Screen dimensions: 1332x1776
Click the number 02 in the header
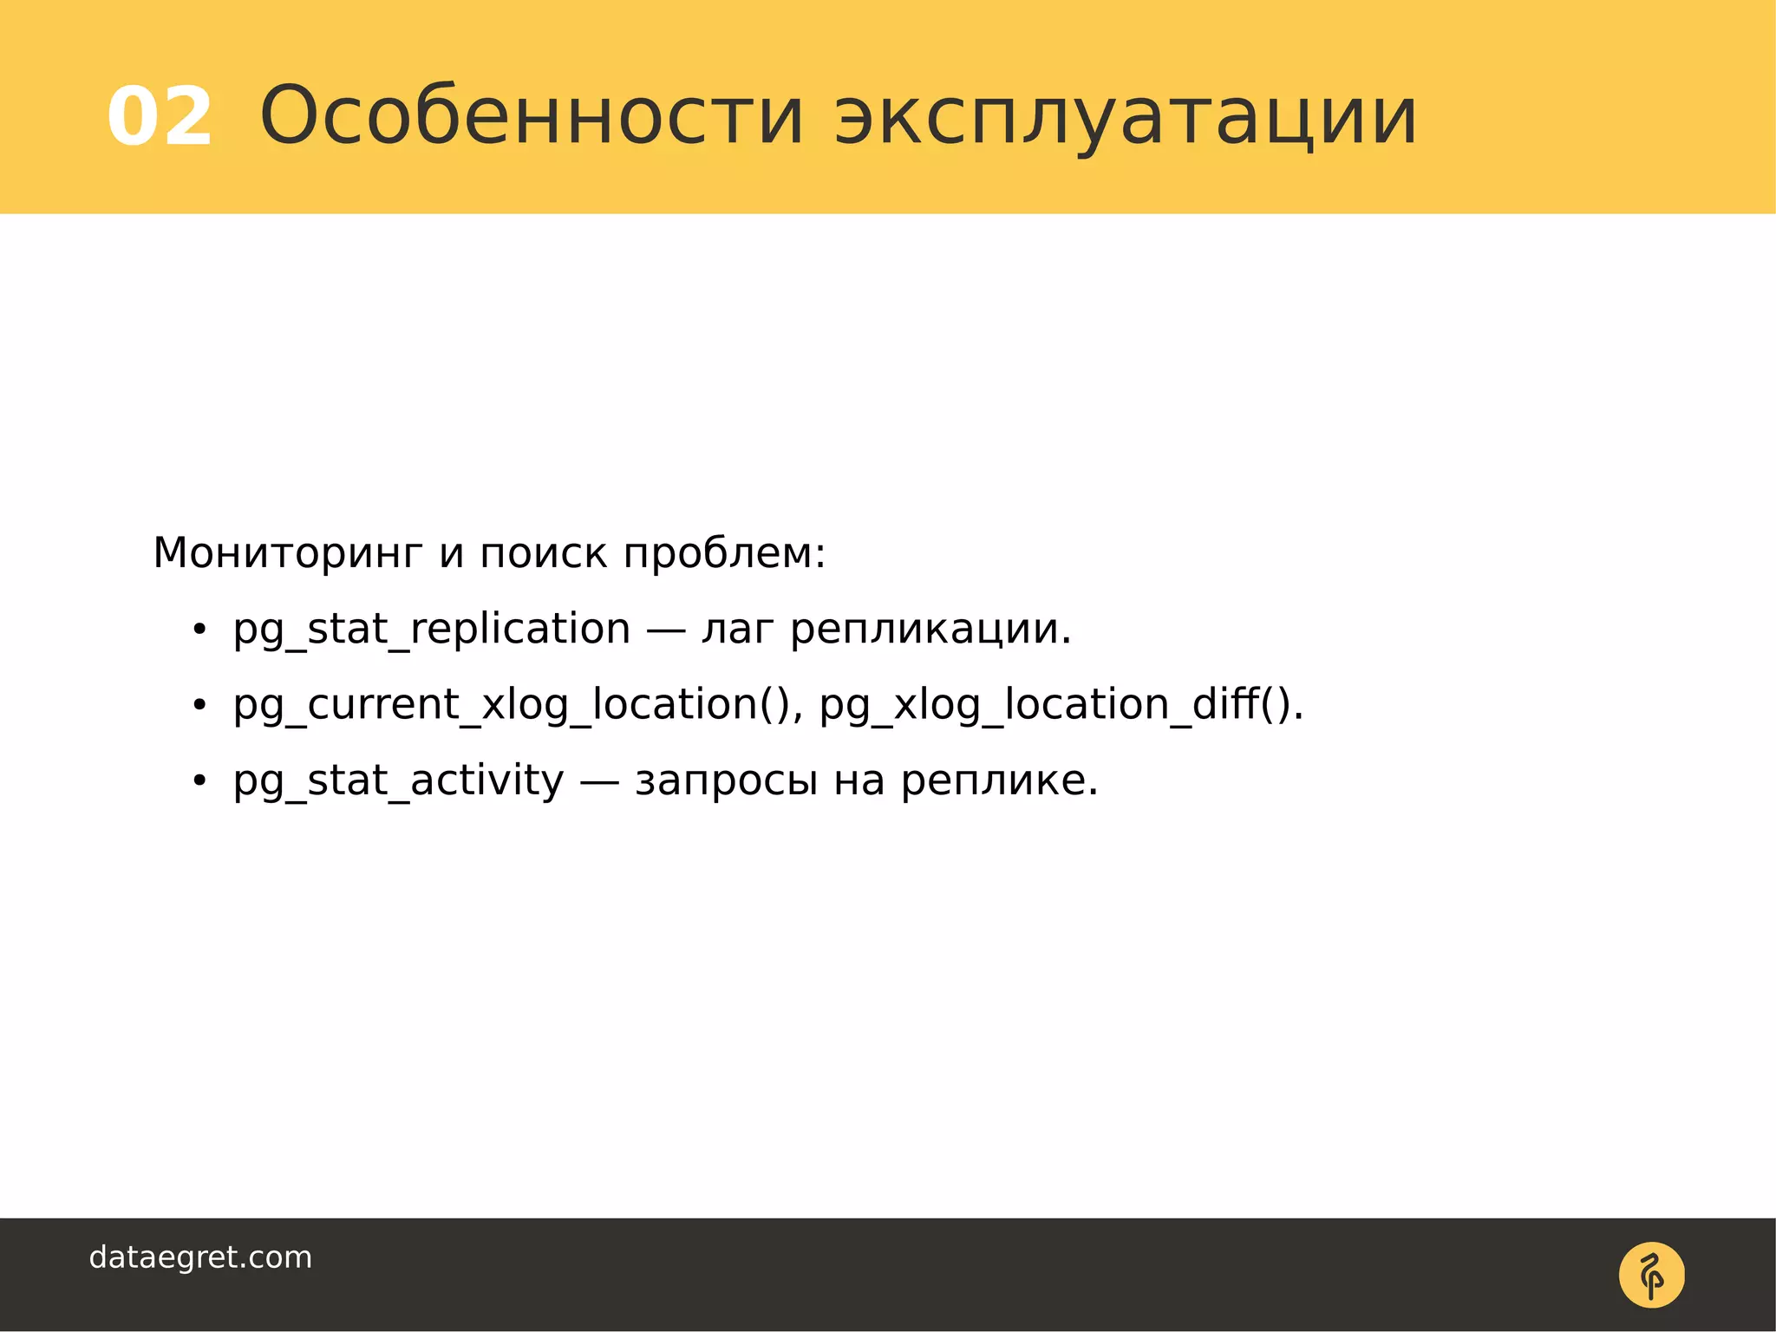(160, 116)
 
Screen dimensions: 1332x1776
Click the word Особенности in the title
(532, 116)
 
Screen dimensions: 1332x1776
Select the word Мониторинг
(288, 553)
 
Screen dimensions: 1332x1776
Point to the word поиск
(543, 553)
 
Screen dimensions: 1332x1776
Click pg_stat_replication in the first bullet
(431, 630)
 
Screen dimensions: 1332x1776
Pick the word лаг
(736, 630)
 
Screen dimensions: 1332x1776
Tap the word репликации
(930, 630)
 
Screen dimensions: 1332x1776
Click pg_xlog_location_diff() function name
(1060, 704)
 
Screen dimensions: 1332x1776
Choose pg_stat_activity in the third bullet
(398, 780)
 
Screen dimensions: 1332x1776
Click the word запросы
(726, 781)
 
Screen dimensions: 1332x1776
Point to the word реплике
(998, 780)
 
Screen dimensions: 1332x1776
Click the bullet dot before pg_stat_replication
(199, 630)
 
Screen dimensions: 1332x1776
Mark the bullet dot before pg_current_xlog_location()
(199, 705)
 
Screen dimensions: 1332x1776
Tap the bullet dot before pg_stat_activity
(199, 780)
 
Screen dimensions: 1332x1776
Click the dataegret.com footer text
(200, 1257)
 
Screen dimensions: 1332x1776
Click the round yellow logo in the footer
(1651, 1275)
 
